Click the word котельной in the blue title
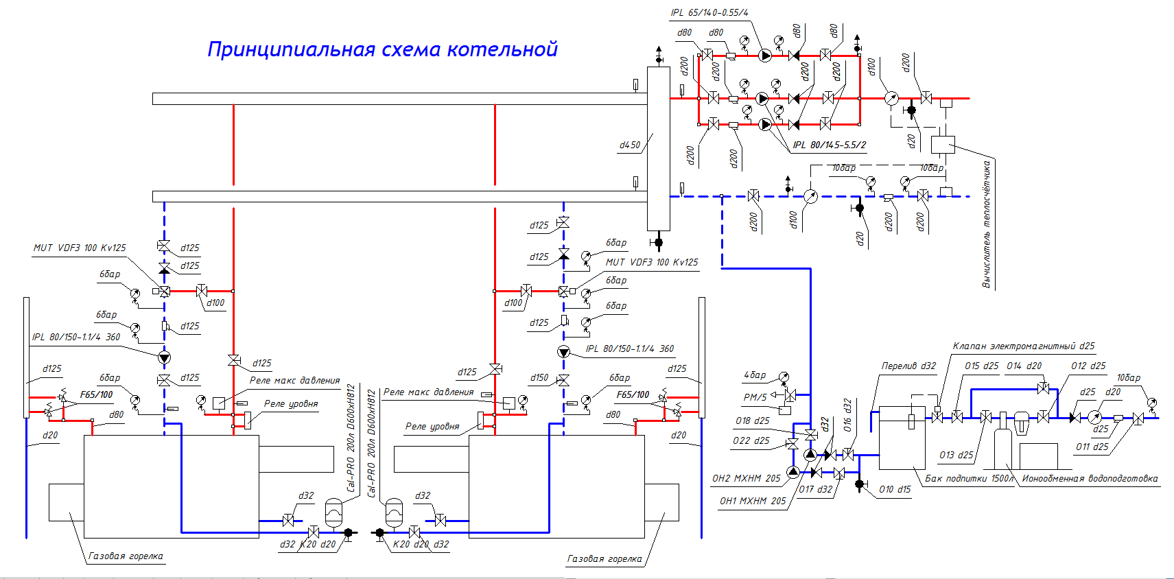tap(502, 49)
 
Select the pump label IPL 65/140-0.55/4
tap(709, 13)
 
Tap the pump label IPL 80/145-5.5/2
tap(829, 145)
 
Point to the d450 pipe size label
tap(630, 145)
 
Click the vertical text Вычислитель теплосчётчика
tap(987, 224)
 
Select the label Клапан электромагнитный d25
tap(1023, 346)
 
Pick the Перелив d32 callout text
tap(908, 366)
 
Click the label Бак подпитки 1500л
tap(969, 479)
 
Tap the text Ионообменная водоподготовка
tap(1090, 479)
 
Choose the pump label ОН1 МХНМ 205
tap(753, 501)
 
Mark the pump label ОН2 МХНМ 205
tap(746, 479)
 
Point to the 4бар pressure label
tap(755, 375)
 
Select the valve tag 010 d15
tap(895, 490)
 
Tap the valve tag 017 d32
tap(815, 490)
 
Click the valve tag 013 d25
tap(956, 456)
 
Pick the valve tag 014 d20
tap(1024, 366)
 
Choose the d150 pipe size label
tap(539, 378)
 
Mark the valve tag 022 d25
tap(751, 441)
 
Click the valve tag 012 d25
tap(1088, 366)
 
